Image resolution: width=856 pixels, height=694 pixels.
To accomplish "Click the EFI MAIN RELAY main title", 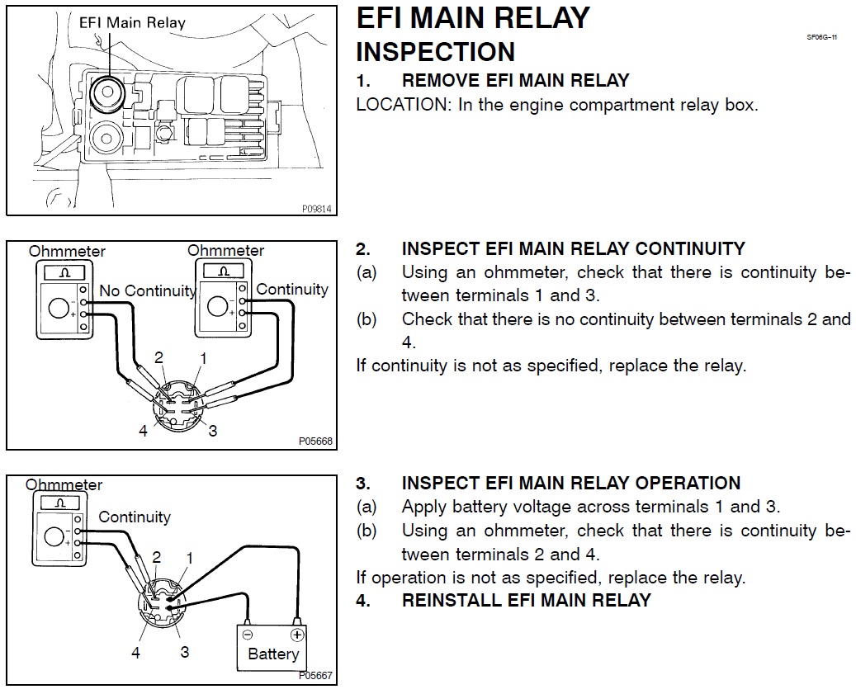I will click(x=473, y=18).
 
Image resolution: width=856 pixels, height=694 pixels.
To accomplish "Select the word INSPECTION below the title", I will click(x=435, y=51).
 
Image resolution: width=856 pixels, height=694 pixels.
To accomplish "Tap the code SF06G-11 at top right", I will click(x=822, y=38).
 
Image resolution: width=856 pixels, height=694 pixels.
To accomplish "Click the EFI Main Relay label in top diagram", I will click(x=132, y=22).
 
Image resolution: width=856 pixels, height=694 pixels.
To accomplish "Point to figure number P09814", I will click(x=316, y=210).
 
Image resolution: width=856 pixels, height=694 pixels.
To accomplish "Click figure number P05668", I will click(x=316, y=441).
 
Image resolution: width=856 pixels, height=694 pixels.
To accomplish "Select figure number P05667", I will click(x=316, y=676).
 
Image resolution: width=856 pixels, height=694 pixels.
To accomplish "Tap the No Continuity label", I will click(x=147, y=290).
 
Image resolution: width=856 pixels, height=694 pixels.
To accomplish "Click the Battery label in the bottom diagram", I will click(x=273, y=654).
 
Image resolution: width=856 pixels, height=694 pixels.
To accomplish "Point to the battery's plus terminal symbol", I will click(x=297, y=635).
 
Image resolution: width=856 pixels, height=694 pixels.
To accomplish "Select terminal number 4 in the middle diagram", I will click(x=143, y=431).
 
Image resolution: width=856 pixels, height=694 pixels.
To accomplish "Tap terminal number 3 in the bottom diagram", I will click(x=185, y=652).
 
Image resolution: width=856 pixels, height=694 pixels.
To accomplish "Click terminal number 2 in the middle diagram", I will click(x=159, y=357).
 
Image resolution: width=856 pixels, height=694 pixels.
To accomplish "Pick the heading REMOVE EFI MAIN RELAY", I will click(x=515, y=81).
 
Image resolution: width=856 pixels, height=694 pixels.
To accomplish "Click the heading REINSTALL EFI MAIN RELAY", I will click(x=526, y=601).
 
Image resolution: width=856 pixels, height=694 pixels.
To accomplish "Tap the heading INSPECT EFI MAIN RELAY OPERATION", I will click(x=570, y=484).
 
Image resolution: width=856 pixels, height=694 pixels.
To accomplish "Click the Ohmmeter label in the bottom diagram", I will click(x=64, y=485).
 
